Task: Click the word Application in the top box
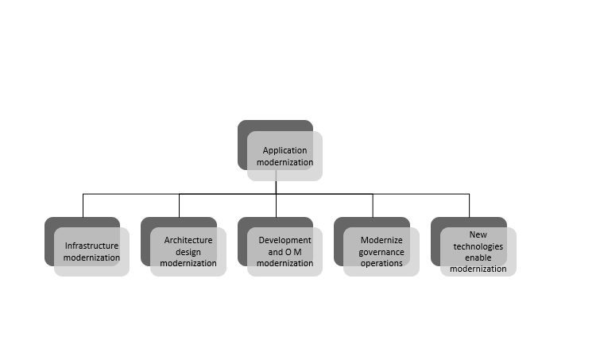point(285,151)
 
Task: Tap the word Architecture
point(188,240)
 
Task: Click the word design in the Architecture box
point(188,252)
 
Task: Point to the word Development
point(285,240)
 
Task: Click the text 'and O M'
point(285,252)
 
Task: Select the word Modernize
point(381,240)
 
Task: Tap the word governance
point(381,252)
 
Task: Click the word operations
point(381,263)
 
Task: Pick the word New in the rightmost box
point(478,234)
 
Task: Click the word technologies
point(478,246)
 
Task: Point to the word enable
point(478,257)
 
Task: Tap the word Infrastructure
point(91,246)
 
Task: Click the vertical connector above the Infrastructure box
point(83,206)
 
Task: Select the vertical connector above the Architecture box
point(179,206)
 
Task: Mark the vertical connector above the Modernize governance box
point(373,206)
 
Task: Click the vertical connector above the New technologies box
point(469,206)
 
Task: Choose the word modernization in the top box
point(285,162)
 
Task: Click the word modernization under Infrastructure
point(91,257)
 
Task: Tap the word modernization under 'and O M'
point(285,263)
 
